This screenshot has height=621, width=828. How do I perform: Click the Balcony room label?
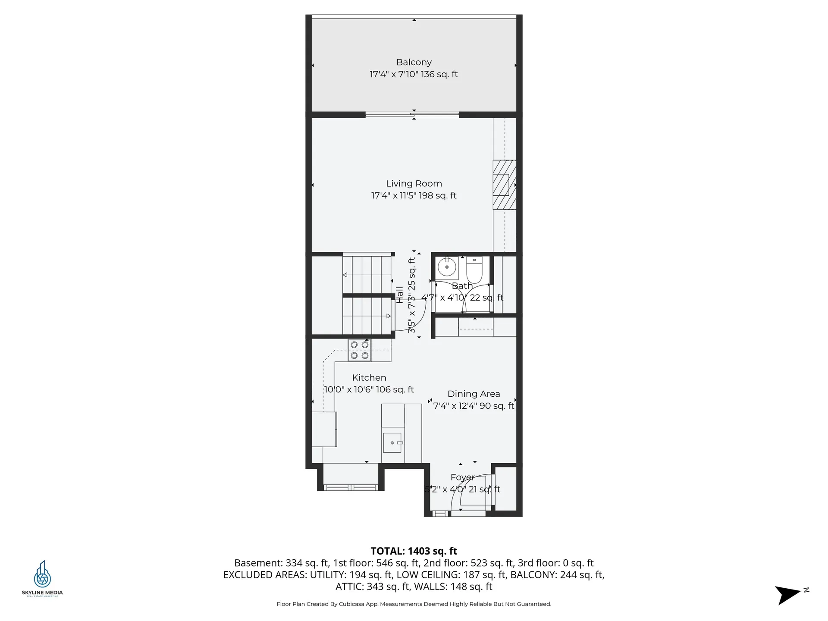[414, 63]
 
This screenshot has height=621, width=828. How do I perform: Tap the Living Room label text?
[414, 184]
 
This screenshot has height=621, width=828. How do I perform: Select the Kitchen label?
[369, 378]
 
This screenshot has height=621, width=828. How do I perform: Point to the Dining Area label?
[474, 394]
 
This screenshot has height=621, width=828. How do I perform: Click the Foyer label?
[462, 477]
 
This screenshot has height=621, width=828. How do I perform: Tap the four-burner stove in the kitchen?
[359, 350]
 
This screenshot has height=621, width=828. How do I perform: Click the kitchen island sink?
[392, 443]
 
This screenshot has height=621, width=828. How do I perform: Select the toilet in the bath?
[474, 269]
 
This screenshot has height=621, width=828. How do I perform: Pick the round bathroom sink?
[447, 267]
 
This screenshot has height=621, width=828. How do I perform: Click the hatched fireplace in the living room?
[504, 185]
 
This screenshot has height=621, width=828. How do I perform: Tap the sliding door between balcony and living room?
[412, 115]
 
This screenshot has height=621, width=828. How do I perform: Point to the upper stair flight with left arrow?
[367, 275]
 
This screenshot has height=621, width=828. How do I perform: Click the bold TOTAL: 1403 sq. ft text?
[414, 551]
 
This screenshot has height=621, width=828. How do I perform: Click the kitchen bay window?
[351, 488]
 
